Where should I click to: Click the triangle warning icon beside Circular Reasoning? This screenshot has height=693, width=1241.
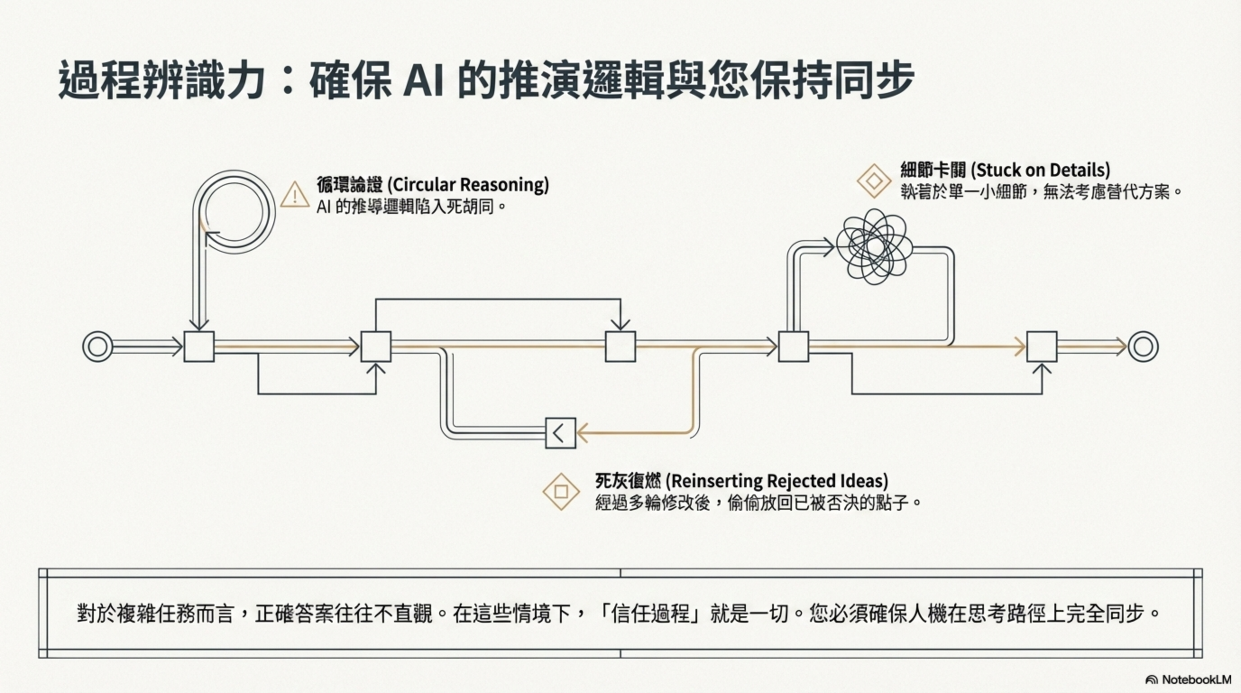tap(294, 195)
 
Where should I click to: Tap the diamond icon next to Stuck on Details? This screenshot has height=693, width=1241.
tap(874, 181)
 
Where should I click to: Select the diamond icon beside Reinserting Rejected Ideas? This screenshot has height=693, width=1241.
tap(561, 492)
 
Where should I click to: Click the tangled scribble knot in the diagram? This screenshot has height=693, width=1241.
tap(874, 246)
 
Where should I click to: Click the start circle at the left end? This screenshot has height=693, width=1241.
tap(98, 346)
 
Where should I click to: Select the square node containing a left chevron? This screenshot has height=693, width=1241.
tap(560, 433)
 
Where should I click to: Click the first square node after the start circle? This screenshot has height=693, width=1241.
tap(199, 346)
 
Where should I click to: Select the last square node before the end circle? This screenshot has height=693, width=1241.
tap(1042, 346)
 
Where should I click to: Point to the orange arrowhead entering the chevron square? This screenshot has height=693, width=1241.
tap(583, 433)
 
